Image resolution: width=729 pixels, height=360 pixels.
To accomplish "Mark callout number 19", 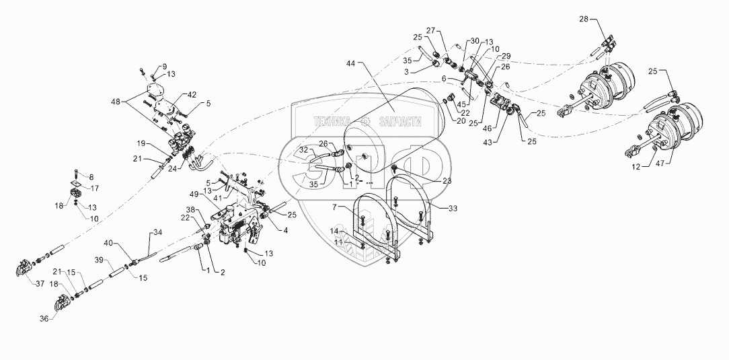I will point(141,143).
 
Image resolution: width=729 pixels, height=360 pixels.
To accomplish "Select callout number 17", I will point(95,188).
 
